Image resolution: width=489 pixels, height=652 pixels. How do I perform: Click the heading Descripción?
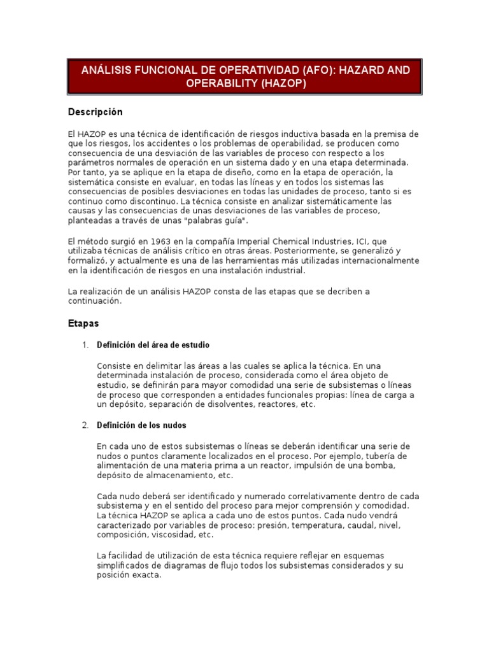95,112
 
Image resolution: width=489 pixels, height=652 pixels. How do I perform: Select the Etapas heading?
83,323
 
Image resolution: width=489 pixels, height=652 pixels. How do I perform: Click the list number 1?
85,345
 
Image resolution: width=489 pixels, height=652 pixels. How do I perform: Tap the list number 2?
85,425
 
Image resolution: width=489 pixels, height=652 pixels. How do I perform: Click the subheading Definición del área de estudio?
153,345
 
